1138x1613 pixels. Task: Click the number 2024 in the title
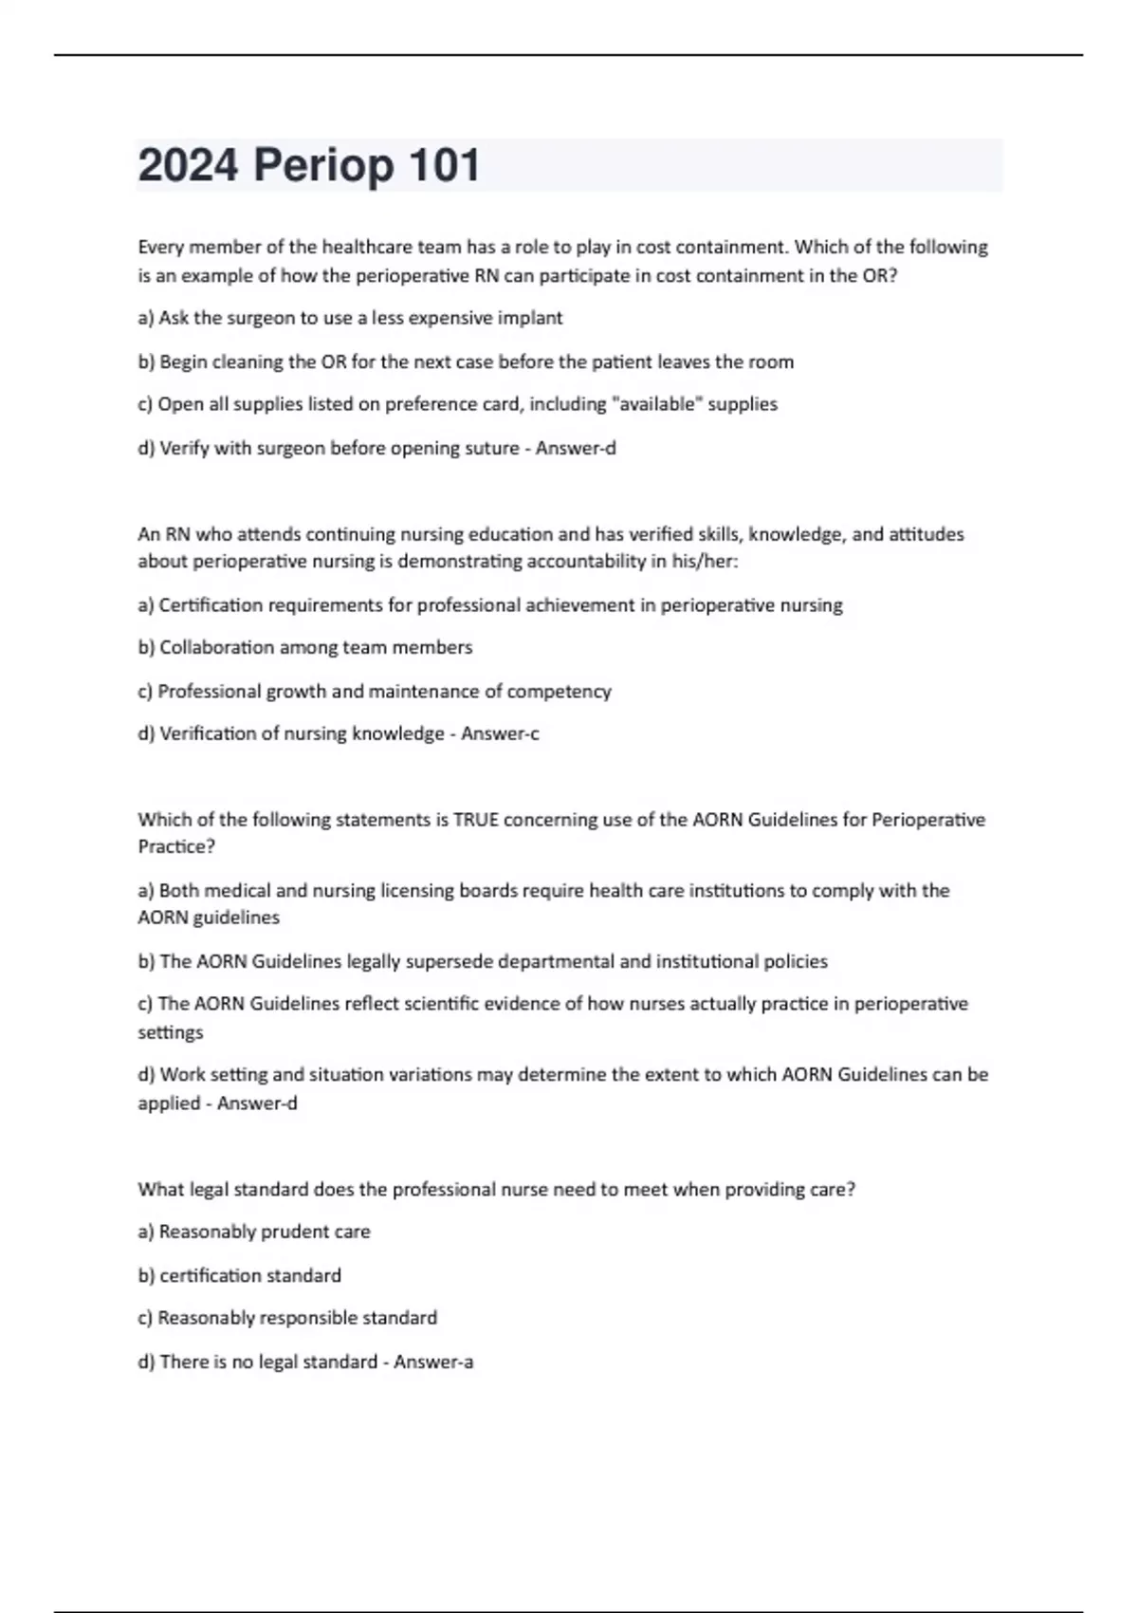(x=188, y=165)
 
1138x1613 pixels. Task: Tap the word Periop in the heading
(x=322, y=167)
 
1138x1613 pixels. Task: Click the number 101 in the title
(x=445, y=165)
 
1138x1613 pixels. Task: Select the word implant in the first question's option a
(x=532, y=319)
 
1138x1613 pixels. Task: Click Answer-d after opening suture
(x=576, y=448)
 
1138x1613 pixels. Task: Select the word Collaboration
(x=216, y=647)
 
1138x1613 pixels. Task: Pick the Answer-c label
(x=500, y=733)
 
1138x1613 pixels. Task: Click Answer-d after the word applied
(x=257, y=1103)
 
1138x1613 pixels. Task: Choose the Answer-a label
(x=433, y=1362)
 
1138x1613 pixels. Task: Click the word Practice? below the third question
(x=176, y=847)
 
